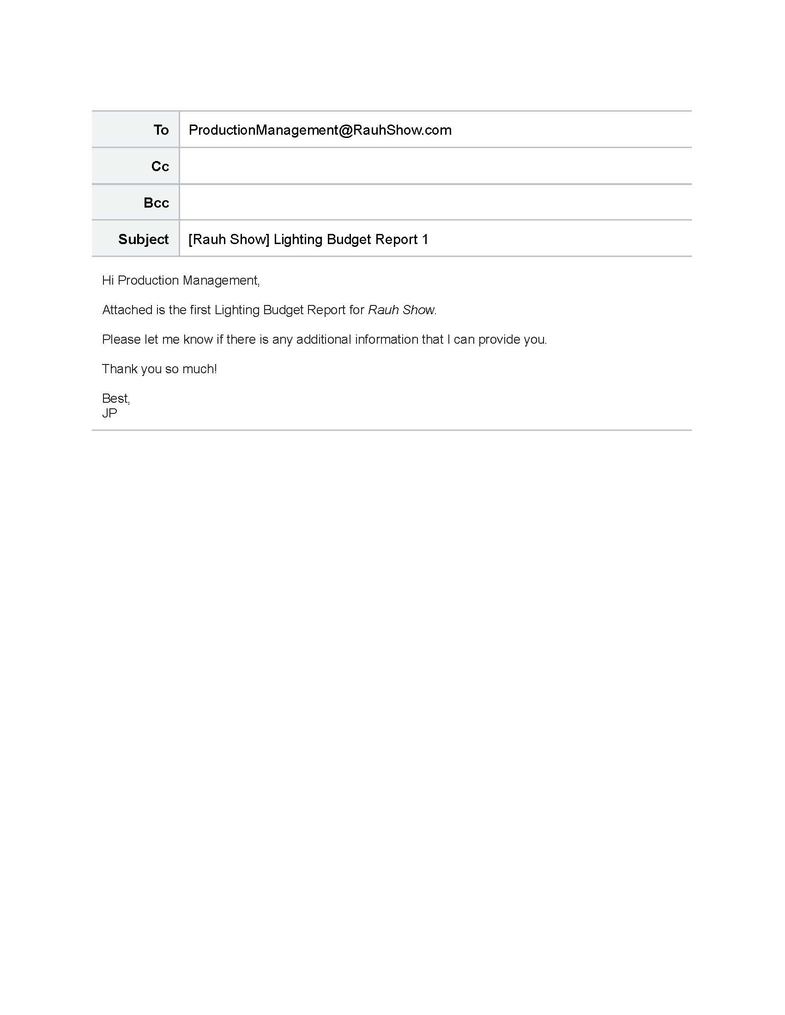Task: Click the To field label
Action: pyautogui.click(x=161, y=130)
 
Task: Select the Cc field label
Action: pyautogui.click(x=160, y=167)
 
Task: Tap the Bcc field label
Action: pyautogui.click(x=156, y=203)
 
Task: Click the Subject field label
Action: pyautogui.click(x=143, y=239)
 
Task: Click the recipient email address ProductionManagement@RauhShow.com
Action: pyautogui.click(x=320, y=130)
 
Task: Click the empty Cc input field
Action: pyautogui.click(x=435, y=167)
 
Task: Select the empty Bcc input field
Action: pyautogui.click(x=435, y=203)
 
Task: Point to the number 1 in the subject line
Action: pyautogui.click(x=424, y=239)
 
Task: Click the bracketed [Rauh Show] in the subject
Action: pyautogui.click(x=229, y=239)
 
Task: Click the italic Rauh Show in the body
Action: pyautogui.click(x=401, y=310)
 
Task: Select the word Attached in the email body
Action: pyautogui.click(x=127, y=310)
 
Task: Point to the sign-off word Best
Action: pyautogui.click(x=115, y=399)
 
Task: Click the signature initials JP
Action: pyautogui.click(x=109, y=413)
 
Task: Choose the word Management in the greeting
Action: pyautogui.click(x=220, y=281)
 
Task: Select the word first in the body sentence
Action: pyautogui.click(x=200, y=310)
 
